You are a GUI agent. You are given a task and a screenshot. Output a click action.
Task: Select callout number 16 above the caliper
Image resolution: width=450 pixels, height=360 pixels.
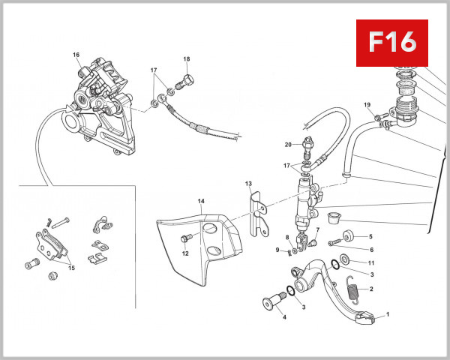pyautogui.click(x=76, y=55)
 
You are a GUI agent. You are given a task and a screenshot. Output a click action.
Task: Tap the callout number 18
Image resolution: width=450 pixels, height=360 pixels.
pyautogui.click(x=187, y=59)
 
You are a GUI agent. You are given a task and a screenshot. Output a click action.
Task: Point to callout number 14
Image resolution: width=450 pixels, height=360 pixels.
pyautogui.click(x=201, y=201)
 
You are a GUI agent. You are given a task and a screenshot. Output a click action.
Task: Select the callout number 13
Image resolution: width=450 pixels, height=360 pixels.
pyautogui.click(x=248, y=184)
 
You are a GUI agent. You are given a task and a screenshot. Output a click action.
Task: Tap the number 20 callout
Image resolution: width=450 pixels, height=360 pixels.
pyautogui.click(x=288, y=145)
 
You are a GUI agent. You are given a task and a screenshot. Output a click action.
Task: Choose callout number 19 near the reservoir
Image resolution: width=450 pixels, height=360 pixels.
pyautogui.click(x=367, y=104)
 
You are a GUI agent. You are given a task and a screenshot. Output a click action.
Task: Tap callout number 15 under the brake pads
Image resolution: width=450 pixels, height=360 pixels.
pyautogui.click(x=72, y=268)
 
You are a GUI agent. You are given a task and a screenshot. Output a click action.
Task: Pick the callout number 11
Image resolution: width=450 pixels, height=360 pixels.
pyautogui.click(x=370, y=262)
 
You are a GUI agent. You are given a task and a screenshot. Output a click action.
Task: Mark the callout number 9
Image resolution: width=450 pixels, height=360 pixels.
pyautogui.click(x=277, y=250)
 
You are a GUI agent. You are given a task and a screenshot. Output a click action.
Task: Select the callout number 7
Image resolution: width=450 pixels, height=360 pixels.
pyautogui.click(x=317, y=230)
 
